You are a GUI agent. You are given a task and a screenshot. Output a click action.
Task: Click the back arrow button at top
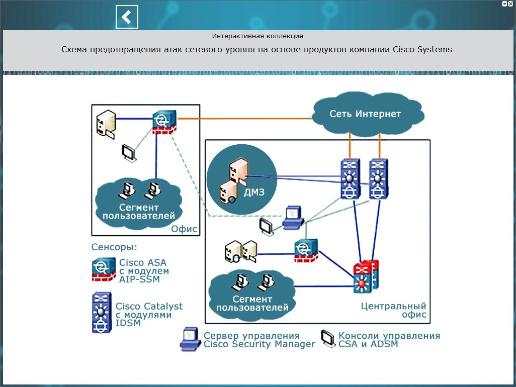[x=127, y=17]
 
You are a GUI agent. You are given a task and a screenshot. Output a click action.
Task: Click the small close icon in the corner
[x=511, y=4]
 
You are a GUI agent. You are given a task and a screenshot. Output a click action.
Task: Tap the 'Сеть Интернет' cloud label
[x=365, y=114]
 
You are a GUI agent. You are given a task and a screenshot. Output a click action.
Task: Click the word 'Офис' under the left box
[x=185, y=229]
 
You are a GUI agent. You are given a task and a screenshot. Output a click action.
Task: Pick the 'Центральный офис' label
[x=393, y=310]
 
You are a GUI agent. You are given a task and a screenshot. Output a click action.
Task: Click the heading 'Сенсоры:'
[x=114, y=247]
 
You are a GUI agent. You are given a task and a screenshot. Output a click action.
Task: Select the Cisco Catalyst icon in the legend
[x=101, y=313]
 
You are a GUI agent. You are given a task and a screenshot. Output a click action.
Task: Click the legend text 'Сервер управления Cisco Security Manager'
[x=259, y=340]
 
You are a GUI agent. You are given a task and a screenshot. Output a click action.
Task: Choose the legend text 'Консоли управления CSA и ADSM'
[x=389, y=340]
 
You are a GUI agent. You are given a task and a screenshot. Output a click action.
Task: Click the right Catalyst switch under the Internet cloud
[x=379, y=179]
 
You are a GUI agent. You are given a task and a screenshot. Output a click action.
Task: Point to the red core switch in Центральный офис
[x=365, y=277]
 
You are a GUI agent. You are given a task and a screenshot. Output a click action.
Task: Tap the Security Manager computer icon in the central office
[x=292, y=217]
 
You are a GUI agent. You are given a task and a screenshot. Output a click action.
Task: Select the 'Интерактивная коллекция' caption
[x=257, y=36]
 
